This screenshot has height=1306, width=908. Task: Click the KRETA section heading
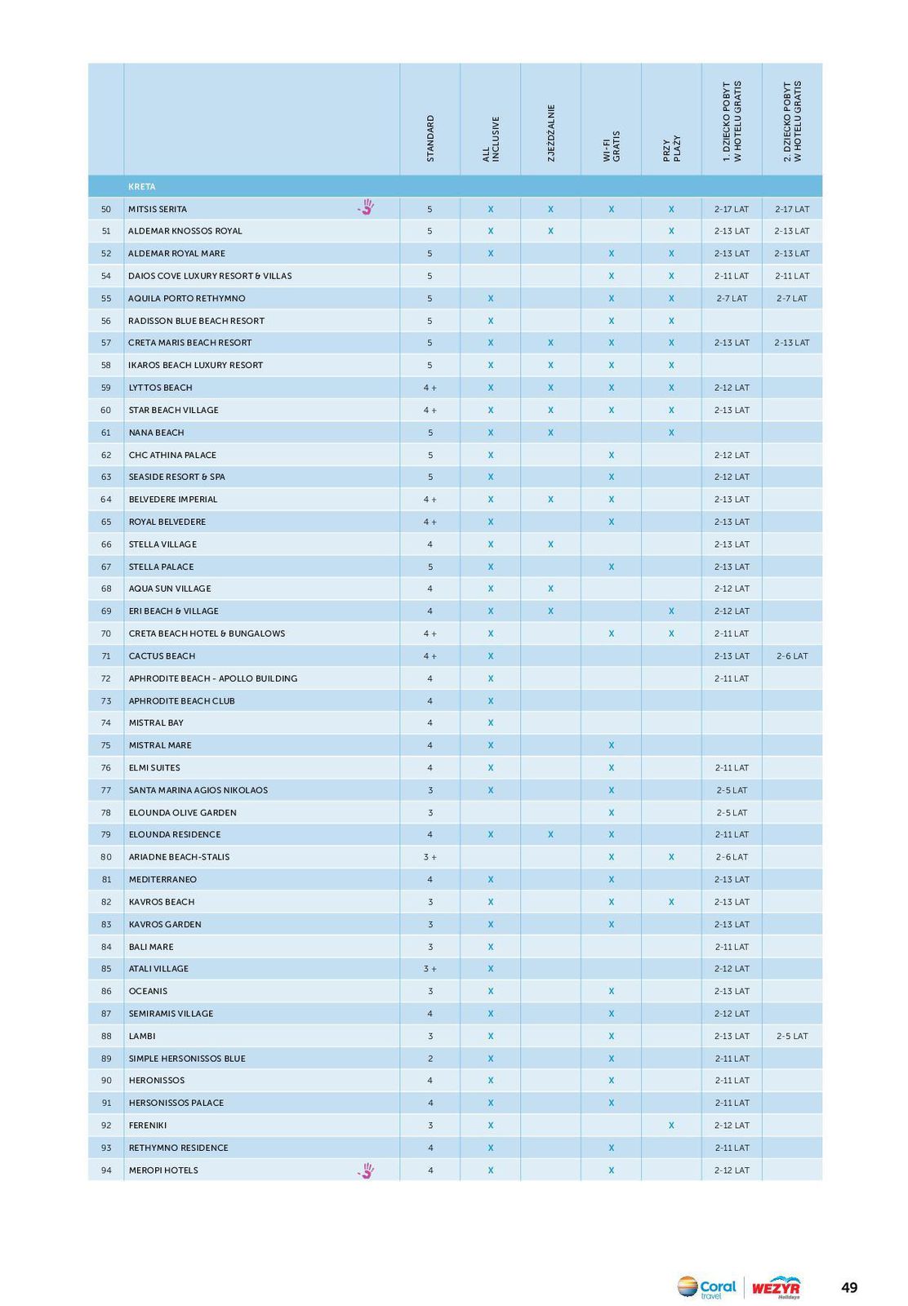point(141,187)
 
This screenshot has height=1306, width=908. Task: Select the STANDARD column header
point(430,138)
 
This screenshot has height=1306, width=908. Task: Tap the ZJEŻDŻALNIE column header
point(551,132)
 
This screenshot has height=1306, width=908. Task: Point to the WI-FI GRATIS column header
point(611,145)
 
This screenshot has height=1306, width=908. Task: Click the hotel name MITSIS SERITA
point(158,209)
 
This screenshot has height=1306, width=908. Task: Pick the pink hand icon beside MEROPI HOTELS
point(366,1171)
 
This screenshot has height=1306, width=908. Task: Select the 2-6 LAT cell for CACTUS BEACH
point(791,656)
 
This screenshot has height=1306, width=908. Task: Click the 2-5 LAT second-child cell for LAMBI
point(791,1036)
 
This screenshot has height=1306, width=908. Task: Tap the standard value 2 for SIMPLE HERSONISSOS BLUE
point(430,1059)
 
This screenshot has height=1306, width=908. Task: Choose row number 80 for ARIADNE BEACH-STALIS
point(106,857)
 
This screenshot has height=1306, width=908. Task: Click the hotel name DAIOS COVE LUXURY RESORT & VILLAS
point(210,276)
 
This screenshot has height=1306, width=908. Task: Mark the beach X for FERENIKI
point(671,1126)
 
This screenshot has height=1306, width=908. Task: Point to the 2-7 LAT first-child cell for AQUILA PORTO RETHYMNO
point(732,299)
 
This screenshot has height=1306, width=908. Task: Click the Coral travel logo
point(706,1288)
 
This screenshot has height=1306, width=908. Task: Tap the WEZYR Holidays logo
point(776,1288)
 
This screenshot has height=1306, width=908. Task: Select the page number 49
point(849,1288)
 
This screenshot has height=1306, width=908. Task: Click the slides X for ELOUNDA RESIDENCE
point(550,835)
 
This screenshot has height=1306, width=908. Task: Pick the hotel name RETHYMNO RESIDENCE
point(178,1148)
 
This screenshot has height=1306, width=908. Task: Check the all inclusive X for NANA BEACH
point(491,433)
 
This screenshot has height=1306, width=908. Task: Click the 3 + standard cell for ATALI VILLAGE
point(430,969)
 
